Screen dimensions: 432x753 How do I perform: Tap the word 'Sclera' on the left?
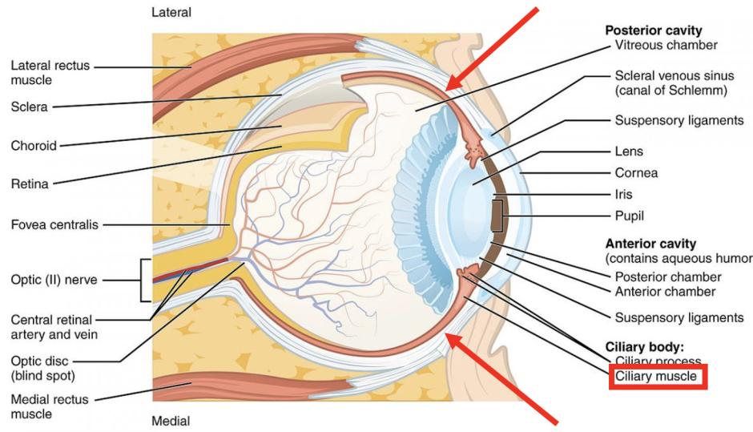30,106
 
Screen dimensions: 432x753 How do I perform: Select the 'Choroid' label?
33,146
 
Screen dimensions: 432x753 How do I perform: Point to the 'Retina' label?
30,184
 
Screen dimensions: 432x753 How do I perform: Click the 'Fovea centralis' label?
54,225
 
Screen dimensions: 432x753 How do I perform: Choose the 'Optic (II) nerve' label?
54,281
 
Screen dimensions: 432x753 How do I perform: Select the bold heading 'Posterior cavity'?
653,30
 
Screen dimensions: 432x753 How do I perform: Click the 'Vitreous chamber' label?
666,45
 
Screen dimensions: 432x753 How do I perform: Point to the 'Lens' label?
629,151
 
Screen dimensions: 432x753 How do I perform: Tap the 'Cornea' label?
636,172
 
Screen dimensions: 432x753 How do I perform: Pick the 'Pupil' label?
630,216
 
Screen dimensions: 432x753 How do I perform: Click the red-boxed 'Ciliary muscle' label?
656,377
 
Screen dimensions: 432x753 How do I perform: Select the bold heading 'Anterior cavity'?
650,244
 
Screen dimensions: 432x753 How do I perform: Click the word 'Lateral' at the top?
171,13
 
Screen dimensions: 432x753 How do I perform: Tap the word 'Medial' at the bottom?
171,421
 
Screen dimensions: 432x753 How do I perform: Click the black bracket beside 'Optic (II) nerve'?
146,280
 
